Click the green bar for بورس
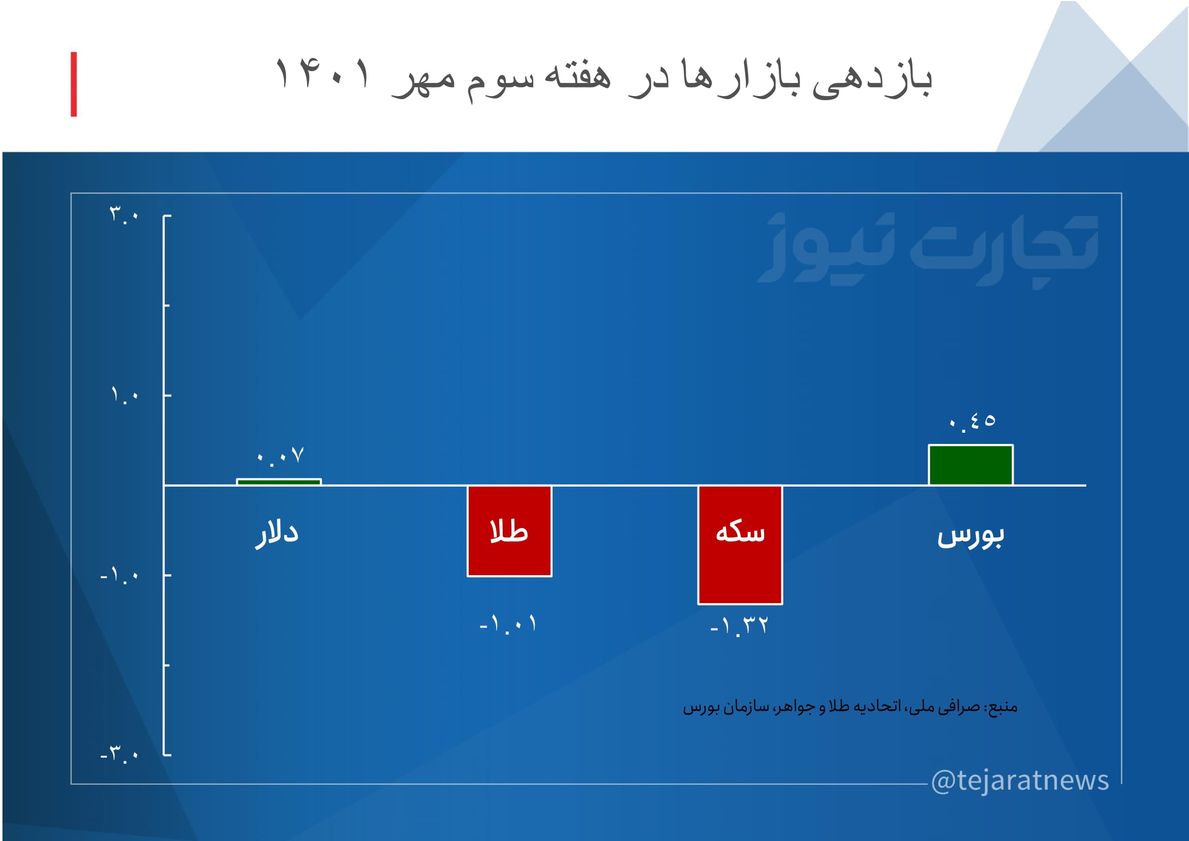pos(970,465)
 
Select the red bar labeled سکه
pos(740,545)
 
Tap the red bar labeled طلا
pos(509,531)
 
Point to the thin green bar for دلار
pos(279,482)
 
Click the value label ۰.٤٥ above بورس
pos(972,423)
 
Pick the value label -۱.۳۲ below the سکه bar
pos(739,626)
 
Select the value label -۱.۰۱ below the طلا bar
pos(508,623)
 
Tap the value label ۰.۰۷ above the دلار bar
pos(280,456)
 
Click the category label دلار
pos(277,534)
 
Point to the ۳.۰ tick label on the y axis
pos(124,215)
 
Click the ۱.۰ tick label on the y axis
pos(125,395)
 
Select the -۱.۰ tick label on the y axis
pos(119,576)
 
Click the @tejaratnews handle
pos(1020,780)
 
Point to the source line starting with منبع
pos(850,707)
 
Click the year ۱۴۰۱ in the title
pos(324,74)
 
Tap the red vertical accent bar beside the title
pos(74,84)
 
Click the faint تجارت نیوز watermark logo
pos(928,250)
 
